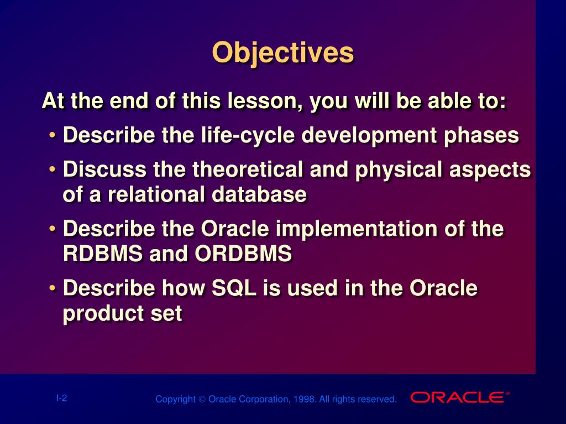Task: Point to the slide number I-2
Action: (62, 398)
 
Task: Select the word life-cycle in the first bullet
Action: (248, 136)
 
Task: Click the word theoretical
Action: (247, 169)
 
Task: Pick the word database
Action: (259, 194)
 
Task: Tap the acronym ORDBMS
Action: (243, 253)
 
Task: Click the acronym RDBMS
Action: (103, 253)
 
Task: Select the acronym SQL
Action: (234, 288)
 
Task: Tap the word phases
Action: (481, 136)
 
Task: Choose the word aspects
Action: (490, 170)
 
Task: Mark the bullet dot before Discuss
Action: (53, 169)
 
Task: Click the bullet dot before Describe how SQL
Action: (53, 287)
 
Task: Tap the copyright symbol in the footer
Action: (202, 400)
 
